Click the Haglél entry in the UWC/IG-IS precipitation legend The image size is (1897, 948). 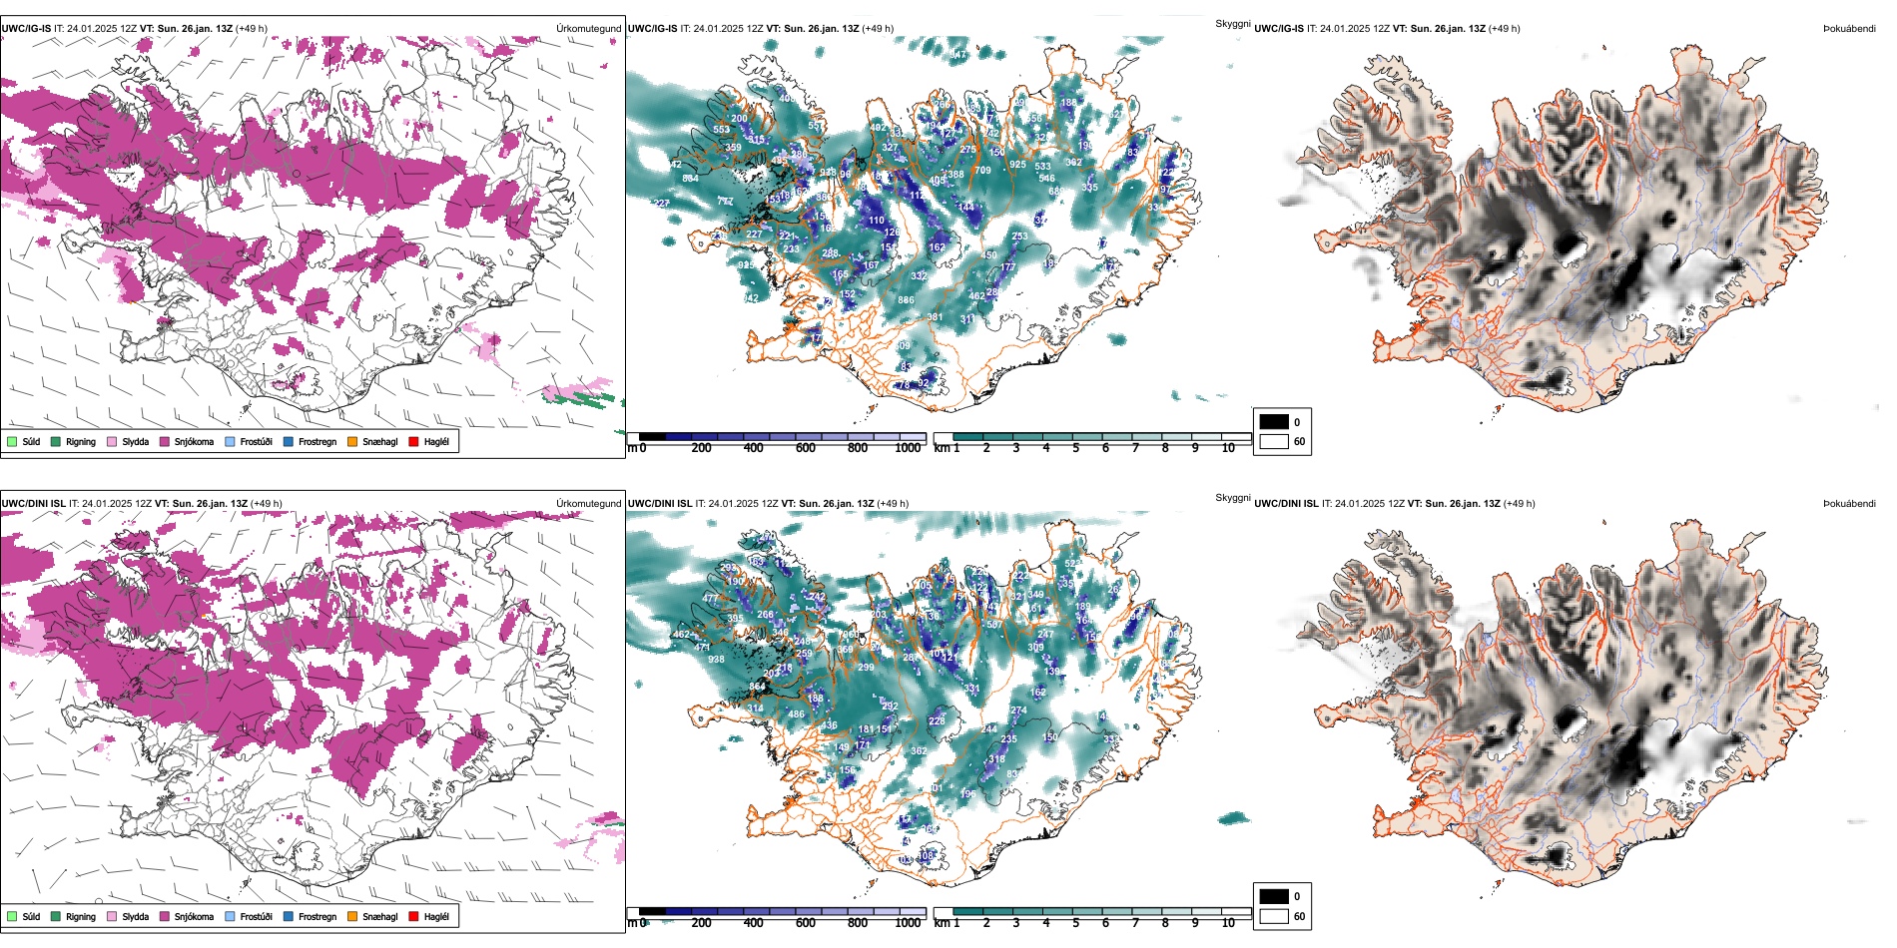pyautogui.click(x=435, y=442)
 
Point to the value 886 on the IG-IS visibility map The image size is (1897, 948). pyautogui.click(x=906, y=300)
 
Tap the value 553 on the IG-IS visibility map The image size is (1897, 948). pyautogui.click(x=721, y=131)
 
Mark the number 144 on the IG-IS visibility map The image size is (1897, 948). pyautogui.click(x=965, y=208)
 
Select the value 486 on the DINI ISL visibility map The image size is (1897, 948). pyautogui.click(x=796, y=714)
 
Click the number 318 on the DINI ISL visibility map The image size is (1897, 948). pyautogui.click(x=996, y=759)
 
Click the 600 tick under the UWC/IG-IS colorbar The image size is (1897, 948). pyautogui.click(x=806, y=448)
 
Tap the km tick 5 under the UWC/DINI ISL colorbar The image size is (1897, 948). pyautogui.click(x=1075, y=923)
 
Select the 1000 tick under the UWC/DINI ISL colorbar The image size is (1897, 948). pyautogui.click(x=908, y=923)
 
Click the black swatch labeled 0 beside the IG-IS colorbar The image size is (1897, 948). pyautogui.click(x=1274, y=422)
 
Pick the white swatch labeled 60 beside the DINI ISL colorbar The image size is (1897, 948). pyautogui.click(x=1274, y=916)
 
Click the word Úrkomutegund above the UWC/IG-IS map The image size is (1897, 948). pyautogui.click(x=588, y=29)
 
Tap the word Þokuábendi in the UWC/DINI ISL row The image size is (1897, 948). pyautogui.click(x=1849, y=504)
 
